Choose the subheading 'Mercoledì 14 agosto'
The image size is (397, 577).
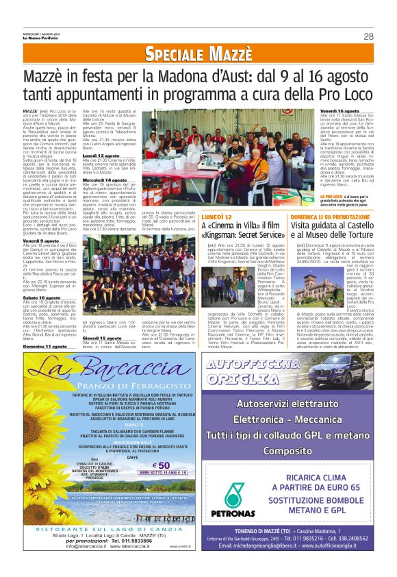[105, 180]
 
